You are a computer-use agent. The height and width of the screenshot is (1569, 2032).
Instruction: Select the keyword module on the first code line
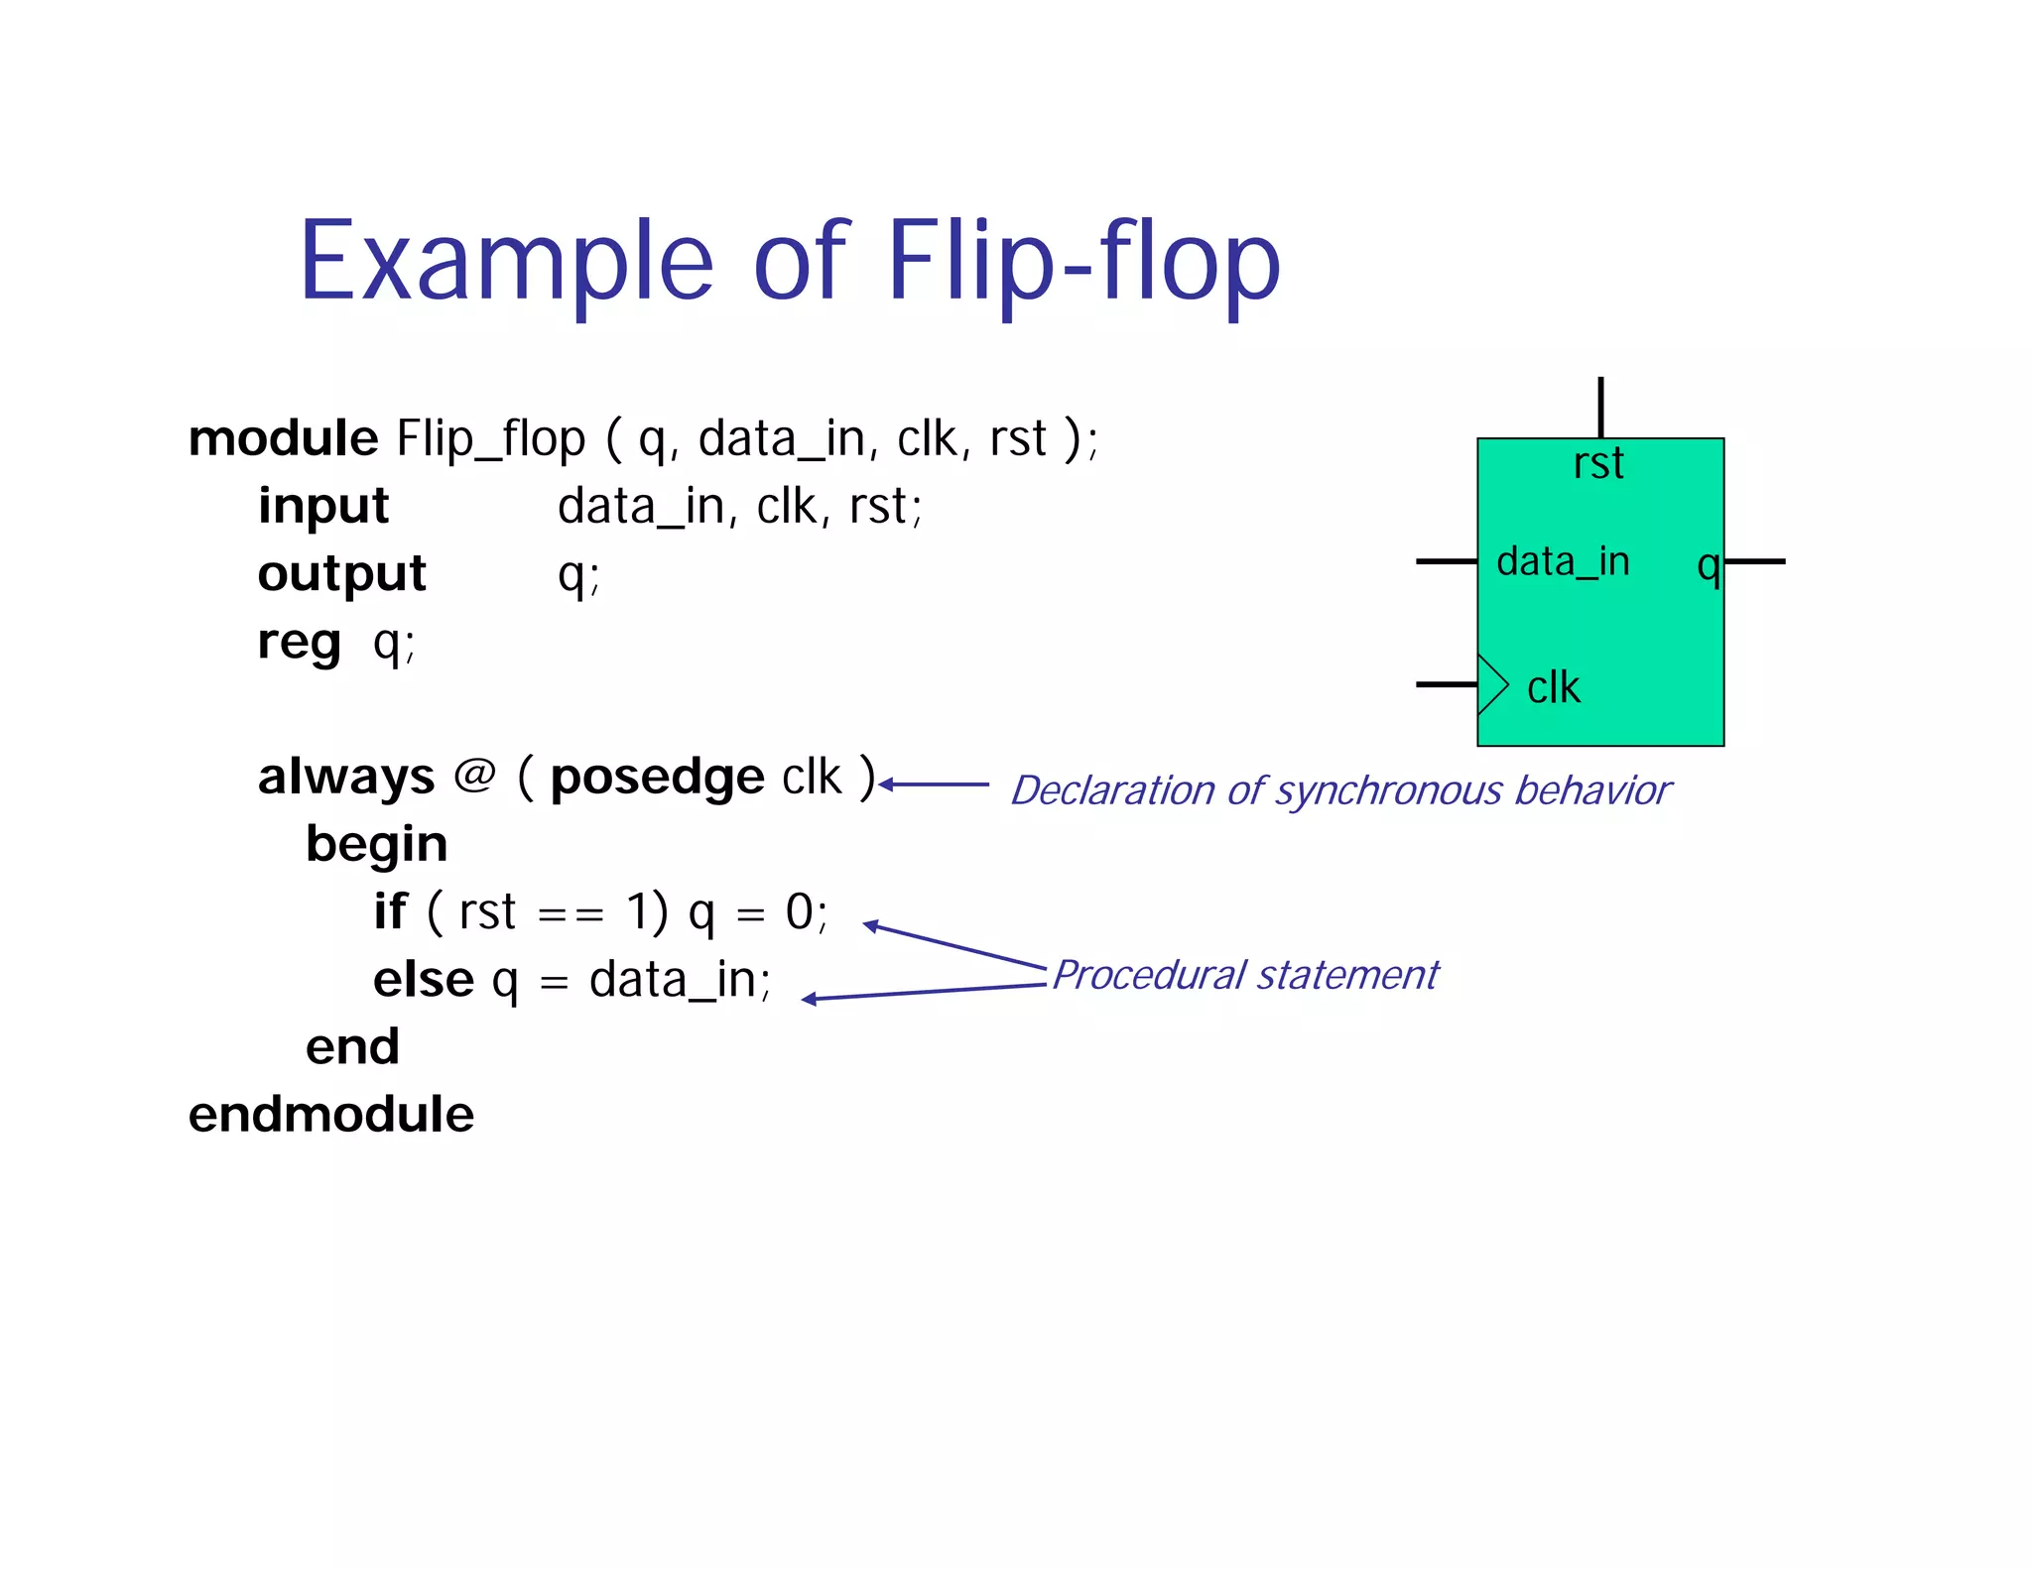(284, 438)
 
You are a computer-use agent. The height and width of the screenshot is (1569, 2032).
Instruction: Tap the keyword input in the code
(323, 507)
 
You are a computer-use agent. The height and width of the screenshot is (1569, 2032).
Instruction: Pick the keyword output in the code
(341, 574)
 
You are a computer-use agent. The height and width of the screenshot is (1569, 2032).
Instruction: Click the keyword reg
(299, 643)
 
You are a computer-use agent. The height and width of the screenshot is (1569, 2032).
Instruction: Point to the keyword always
(346, 777)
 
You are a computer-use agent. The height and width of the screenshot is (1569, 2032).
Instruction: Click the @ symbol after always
(474, 775)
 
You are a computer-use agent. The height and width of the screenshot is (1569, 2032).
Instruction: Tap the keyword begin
(376, 845)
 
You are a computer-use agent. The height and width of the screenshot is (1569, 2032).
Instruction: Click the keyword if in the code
(390, 911)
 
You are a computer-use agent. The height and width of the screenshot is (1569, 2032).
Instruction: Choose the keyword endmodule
(331, 1115)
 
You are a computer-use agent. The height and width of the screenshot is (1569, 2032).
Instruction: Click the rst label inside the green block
(1598, 464)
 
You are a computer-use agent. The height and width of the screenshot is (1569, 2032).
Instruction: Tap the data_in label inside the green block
(1563, 562)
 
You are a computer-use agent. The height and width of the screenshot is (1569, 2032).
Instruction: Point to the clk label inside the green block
(1553, 688)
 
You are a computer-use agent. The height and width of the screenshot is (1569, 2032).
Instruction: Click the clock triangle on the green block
(1491, 684)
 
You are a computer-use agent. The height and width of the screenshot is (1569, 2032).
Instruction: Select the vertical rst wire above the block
(1600, 407)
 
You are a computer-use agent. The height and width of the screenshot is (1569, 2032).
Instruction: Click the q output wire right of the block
(1755, 561)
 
